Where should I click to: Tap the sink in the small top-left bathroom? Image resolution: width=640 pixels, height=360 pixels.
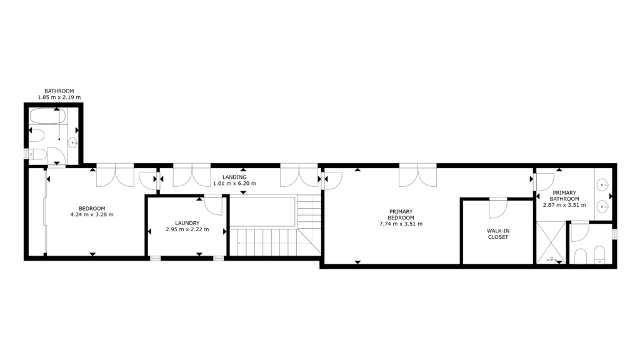pos(72,143)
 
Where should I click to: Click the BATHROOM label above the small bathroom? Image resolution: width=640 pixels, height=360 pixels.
pos(59,91)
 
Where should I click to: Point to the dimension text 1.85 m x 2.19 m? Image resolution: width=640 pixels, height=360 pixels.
pos(59,97)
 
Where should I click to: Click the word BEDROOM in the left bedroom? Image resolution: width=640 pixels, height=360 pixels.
pos(92,209)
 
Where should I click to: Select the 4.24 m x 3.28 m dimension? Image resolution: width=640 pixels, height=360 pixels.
pos(92,215)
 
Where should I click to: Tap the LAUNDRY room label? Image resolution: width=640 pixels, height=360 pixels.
pos(187,223)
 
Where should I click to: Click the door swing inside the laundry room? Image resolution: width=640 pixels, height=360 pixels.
pos(213,206)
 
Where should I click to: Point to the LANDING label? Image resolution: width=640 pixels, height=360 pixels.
pos(235,177)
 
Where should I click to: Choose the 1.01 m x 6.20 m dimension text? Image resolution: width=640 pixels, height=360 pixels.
pos(235,184)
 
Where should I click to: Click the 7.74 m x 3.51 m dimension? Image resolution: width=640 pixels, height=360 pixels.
pos(401,224)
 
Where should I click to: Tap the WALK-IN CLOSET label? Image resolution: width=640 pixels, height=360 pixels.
pos(498,234)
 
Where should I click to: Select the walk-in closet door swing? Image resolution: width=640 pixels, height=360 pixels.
pos(498,209)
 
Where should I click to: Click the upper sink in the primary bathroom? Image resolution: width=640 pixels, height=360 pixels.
pos(603,186)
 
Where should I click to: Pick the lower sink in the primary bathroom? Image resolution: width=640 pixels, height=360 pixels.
pos(603,207)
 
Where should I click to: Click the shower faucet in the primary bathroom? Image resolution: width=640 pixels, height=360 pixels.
pos(552,259)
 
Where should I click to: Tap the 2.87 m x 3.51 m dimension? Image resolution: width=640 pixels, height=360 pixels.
pos(564,205)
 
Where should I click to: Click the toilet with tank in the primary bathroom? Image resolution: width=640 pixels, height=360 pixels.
pos(599,254)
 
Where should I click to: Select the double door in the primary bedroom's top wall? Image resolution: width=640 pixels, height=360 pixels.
pos(418,175)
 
